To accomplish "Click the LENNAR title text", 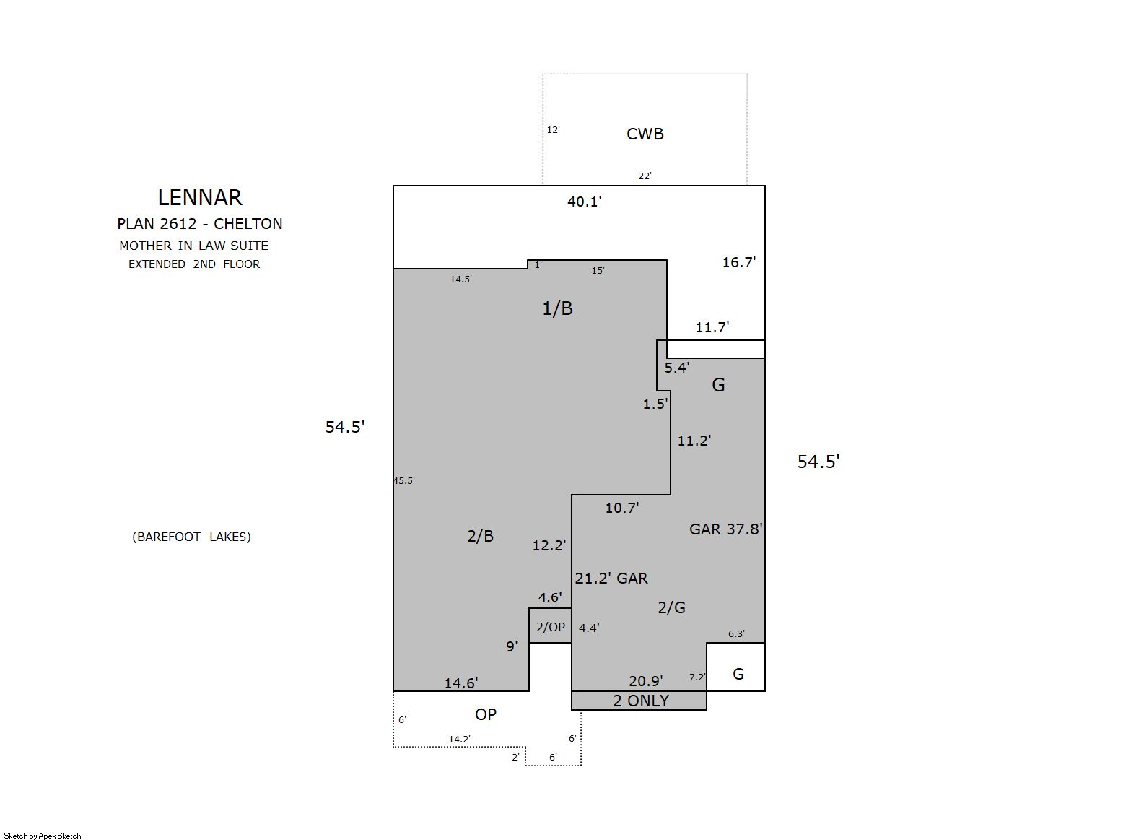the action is pyautogui.click(x=200, y=198).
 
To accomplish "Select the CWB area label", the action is pyautogui.click(x=645, y=134).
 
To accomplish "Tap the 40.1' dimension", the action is pyautogui.click(x=584, y=202).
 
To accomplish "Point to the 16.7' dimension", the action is pyautogui.click(x=738, y=262).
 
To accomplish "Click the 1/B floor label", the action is pyautogui.click(x=557, y=308).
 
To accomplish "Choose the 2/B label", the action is pyautogui.click(x=480, y=536).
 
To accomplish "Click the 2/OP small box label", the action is pyautogui.click(x=551, y=627).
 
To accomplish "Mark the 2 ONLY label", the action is pyautogui.click(x=641, y=701).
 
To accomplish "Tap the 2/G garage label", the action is pyautogui.click(x=671, y=607).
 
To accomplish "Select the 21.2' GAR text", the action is pyautogui.click(x=611, y=579).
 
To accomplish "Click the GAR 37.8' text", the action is pyautogui.click(x=725, y=529).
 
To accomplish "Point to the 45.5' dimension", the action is pyautogui.click(x=404, y=480).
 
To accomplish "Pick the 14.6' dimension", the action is pyautogui.click(x=461, y=683).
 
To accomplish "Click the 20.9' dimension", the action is pyautogui.click(x=645, y=681).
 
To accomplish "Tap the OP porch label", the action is pyautogui.click(x=486, y=714).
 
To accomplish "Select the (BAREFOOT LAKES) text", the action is pyautogui.click(x=191, y=537).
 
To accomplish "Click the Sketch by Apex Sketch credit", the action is pyautogui.click(x=43, y=836).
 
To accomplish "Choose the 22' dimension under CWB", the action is pyautogui.click(x=645, y=176).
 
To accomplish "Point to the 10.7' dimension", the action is pyautogui.click(x=622, y=507).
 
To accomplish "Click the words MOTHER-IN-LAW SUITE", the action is pyautogui.click(x=193, y=246).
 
